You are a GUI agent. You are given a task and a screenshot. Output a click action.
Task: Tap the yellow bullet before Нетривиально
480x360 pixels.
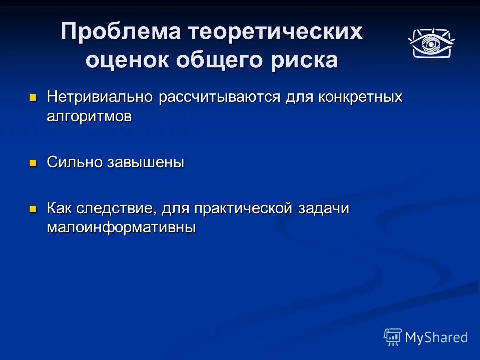33,97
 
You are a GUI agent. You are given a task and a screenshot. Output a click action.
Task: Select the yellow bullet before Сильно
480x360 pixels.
33,163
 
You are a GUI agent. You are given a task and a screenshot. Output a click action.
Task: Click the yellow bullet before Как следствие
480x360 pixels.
33,209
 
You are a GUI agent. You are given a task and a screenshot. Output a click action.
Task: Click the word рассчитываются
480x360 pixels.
220,97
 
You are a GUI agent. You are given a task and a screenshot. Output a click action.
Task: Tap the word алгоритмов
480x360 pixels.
90,116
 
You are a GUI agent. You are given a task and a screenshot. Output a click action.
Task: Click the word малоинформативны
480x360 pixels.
121,228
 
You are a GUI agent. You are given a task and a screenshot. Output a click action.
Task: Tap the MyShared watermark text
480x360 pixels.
436,337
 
